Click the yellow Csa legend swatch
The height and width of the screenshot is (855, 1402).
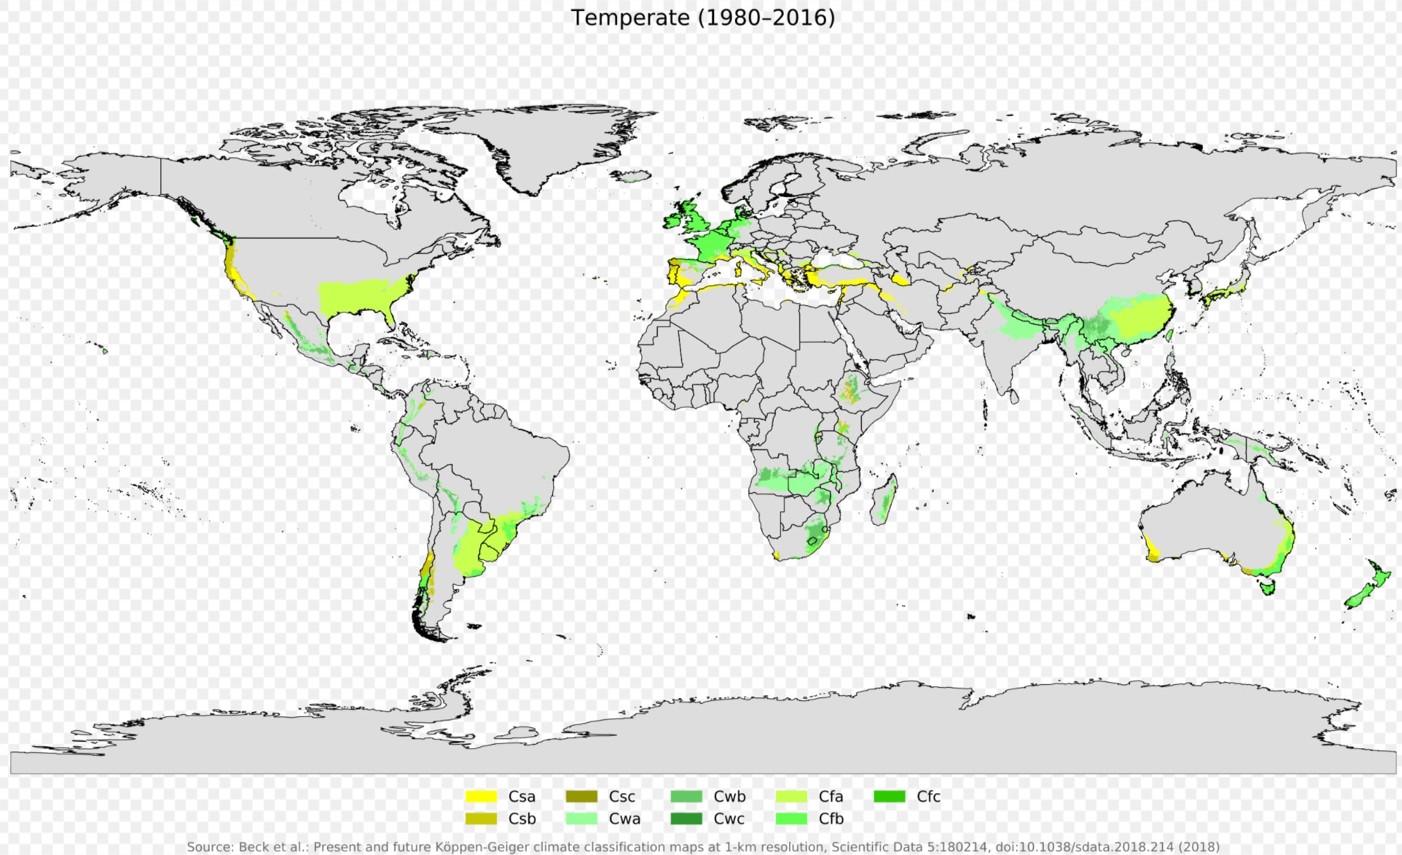(x=480, y=796)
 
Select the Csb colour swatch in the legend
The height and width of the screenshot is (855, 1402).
(x=480, y=818)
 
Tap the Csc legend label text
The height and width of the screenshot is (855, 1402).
(x=621, y=796)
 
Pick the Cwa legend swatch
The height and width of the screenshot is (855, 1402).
(x=582, y=818)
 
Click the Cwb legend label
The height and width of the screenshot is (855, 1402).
(x=729, y=796)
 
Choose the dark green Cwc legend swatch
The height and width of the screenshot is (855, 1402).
(x=686, y=818)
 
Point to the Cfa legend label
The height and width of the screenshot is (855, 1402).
(x=830, y=796)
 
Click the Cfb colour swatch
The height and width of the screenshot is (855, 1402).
(x=791, y=818)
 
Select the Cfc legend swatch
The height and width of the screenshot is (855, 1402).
(x=889, y=796)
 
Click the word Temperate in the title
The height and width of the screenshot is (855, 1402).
(x=630, y=17)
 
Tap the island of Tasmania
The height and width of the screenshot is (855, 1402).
(x=1268, y=587)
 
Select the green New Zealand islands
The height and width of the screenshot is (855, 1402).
(x=1368, y=586)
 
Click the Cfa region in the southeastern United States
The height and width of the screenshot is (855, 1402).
(x=361, y=295)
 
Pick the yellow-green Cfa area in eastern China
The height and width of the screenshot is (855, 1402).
(x=1138, y=316)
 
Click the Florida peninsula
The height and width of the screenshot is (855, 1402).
(x=391, y=319)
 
